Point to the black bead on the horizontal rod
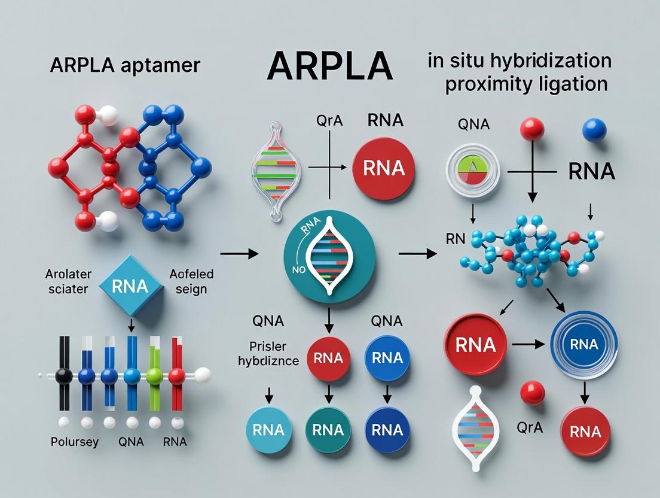click(x=63, y=376)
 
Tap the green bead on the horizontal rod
click(x=154, y=376)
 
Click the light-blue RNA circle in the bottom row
click(x=268, y=429)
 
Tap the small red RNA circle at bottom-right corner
click(x=585, y=432)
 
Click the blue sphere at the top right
click(x=594, y=130)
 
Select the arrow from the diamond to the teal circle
click(x=239, y=254)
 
